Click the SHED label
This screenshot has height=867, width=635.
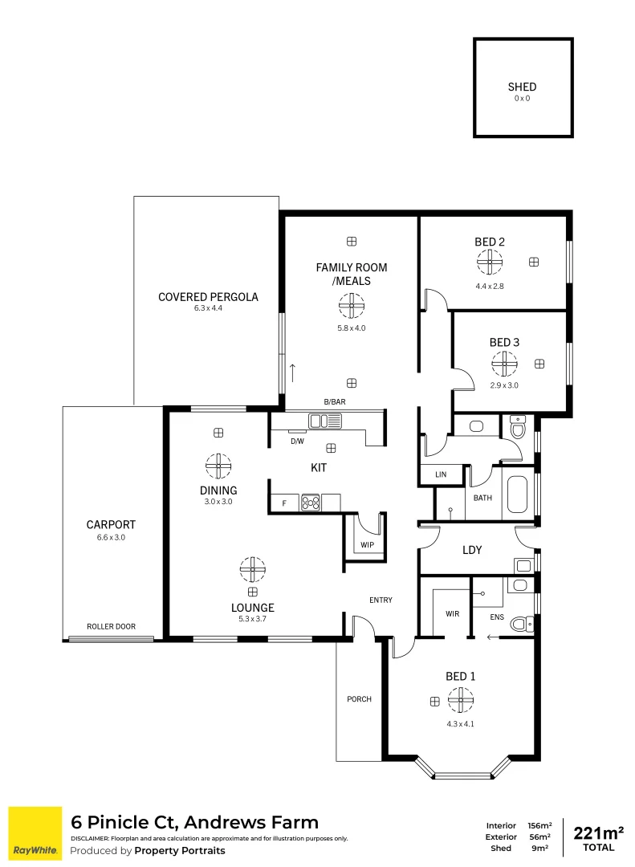[x=522, y=87]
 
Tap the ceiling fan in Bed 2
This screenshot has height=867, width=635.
[x=489, y=262]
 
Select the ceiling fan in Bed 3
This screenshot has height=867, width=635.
[x=505, y=364]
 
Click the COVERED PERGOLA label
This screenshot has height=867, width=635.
[x=208, y=297]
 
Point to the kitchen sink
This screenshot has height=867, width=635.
[x=325, y=420]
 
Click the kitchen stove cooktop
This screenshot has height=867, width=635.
[x=311, y=503]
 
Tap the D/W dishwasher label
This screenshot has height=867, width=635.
[x=297, y=442]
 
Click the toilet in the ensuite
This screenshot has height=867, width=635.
[x=521, y=623]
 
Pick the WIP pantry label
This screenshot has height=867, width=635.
[x=367, y=545]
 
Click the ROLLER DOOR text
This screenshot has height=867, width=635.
[x=112, y=626]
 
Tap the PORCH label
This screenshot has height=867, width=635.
[x=359, y=699]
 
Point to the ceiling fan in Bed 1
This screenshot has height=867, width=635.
[x=461, y=701]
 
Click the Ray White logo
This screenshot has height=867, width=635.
[x=35, y=833]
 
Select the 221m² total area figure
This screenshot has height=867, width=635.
[x=598, y=831]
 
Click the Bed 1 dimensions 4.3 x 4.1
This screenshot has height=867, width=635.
[x=461, y=723]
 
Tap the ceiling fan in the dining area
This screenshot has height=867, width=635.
[x=218, y=466]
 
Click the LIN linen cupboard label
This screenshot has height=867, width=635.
[x=440, y=475]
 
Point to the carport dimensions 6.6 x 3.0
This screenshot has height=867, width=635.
[x=112, y=538]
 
